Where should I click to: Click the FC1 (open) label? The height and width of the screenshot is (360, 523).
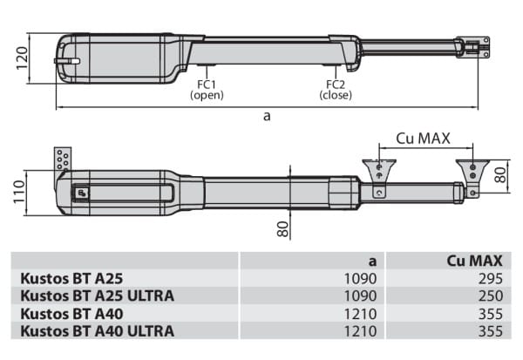207,90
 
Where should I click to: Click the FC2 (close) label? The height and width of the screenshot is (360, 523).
336,90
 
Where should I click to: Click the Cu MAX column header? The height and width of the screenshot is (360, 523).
474,261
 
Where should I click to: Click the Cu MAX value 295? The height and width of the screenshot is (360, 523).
491,278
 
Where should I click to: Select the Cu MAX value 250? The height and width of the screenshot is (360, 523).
491,295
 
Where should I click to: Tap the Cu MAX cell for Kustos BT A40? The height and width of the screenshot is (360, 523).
491,313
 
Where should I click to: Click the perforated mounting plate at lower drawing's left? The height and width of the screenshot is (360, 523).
63,160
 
